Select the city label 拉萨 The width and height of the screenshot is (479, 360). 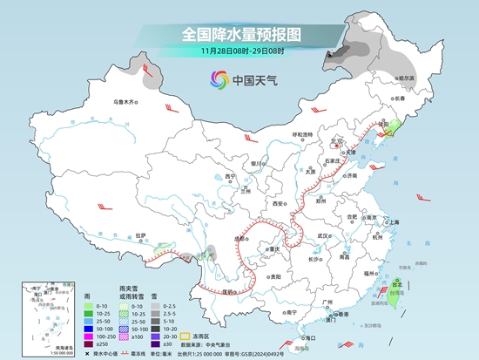[141, 234]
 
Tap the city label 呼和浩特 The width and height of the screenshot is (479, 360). [301, 133]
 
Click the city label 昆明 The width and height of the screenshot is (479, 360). [230, 291]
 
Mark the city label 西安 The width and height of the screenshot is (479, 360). [278, 203]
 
